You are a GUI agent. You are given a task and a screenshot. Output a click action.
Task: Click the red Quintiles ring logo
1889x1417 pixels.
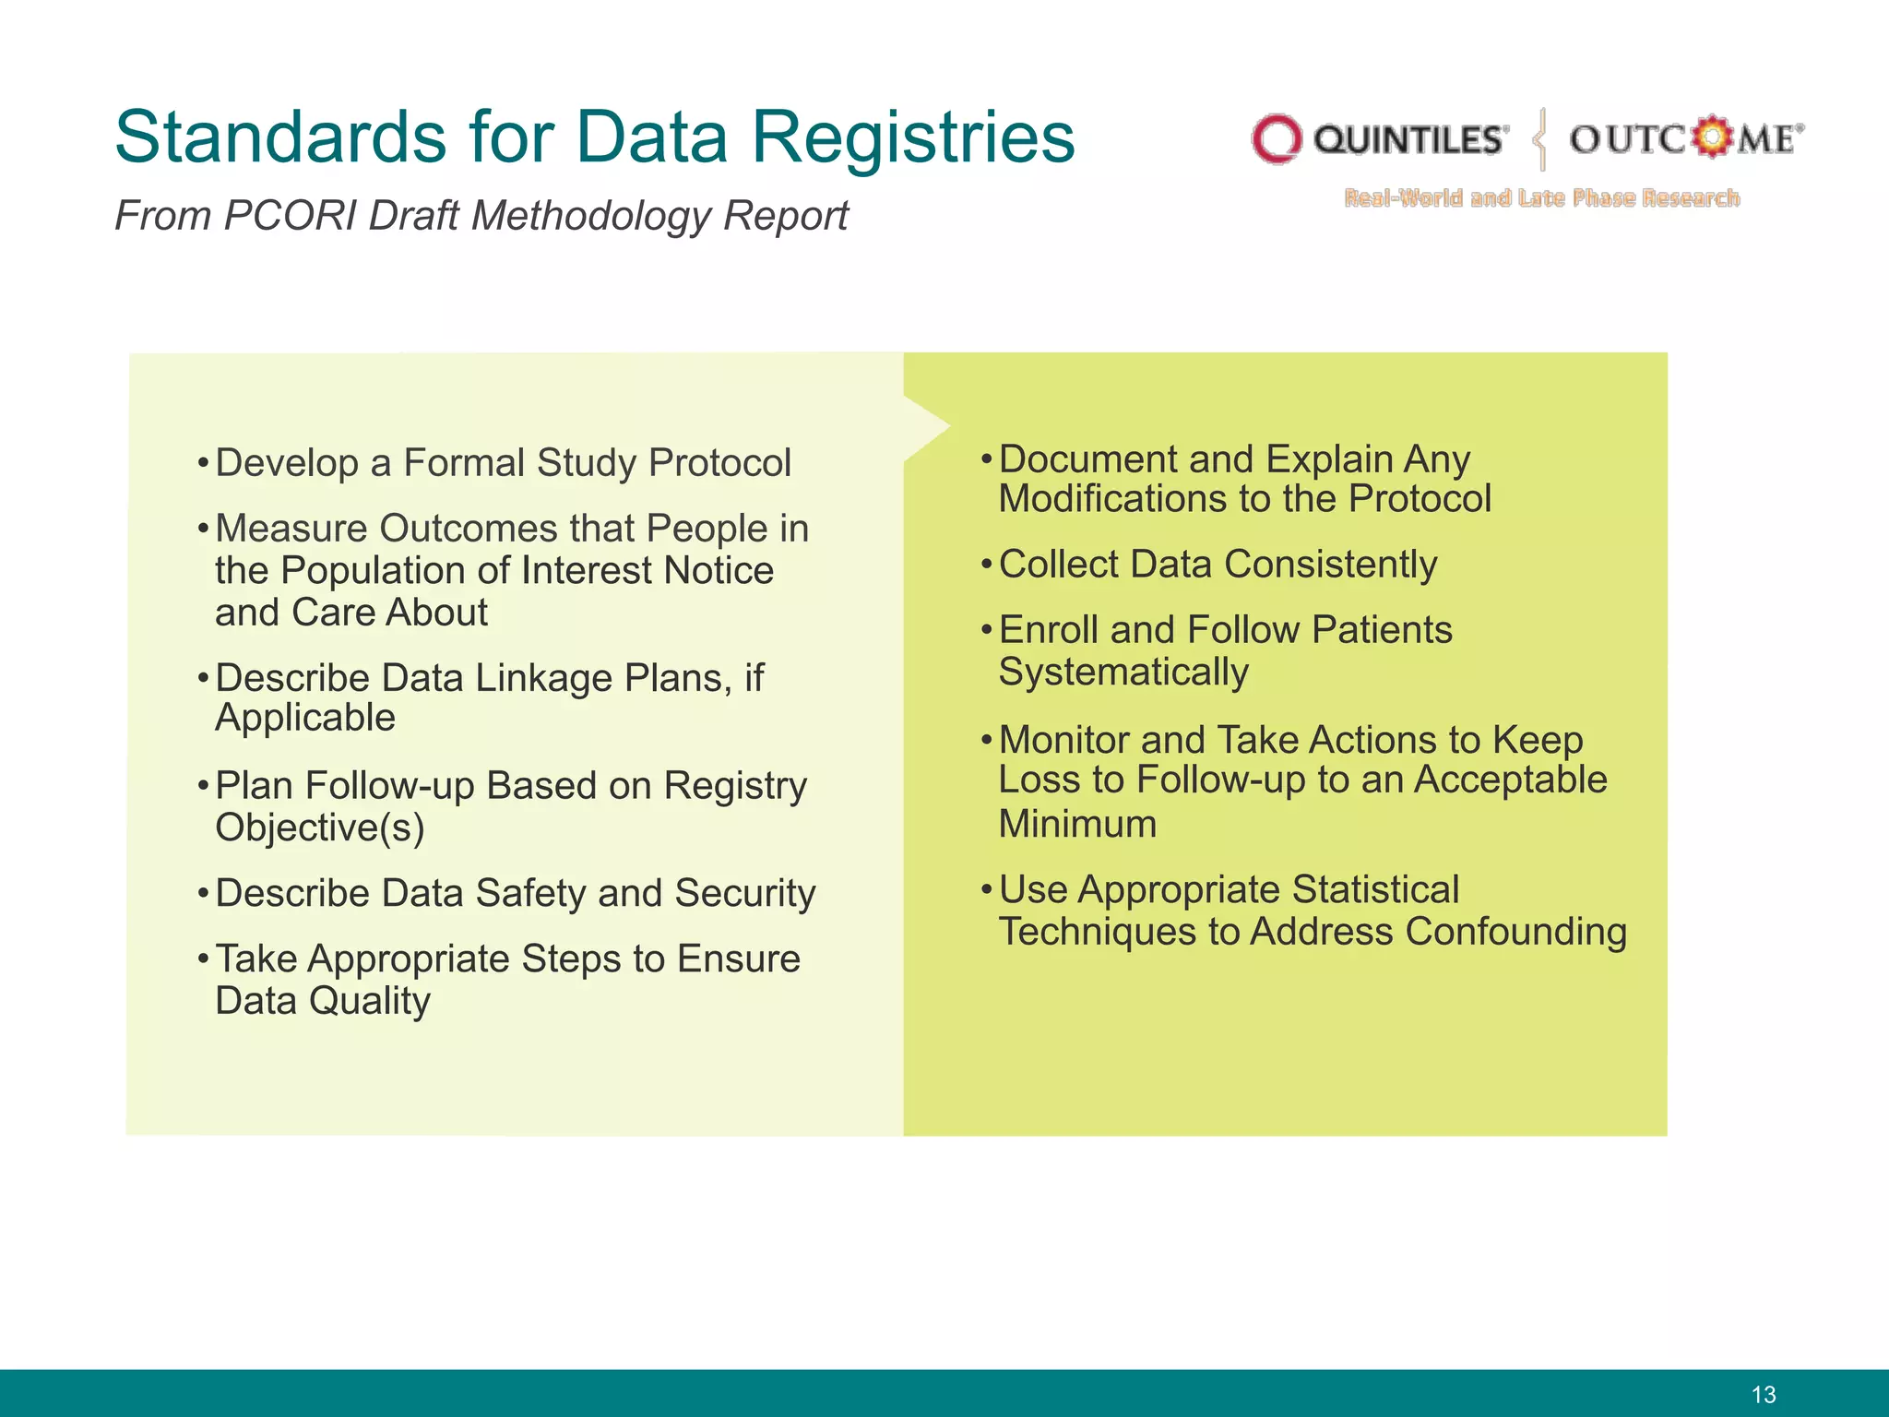click(1276, 140)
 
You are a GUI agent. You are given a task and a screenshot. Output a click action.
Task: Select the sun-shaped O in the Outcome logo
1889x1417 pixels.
click(1712, 137)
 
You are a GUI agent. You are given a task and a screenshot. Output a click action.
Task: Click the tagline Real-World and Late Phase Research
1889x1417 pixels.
click(1541, 198)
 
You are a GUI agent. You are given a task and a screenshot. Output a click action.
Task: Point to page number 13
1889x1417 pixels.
click(1763, 1395)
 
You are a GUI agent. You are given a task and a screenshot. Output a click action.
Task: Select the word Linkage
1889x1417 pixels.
click(543, 679)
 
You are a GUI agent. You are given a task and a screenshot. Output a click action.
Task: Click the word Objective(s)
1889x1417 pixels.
click(319, 828)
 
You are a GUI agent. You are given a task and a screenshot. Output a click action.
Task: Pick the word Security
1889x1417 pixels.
click(744, 894)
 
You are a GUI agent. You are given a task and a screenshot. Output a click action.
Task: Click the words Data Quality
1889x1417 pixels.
click(322, 1002)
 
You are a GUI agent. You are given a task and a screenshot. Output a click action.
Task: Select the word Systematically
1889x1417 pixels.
click(1123, 673)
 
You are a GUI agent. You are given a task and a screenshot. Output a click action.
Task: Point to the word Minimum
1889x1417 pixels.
click(1076, 824)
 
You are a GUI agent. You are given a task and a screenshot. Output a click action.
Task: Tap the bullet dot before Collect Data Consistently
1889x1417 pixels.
click(985, 564)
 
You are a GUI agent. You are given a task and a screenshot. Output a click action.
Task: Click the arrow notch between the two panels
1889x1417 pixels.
click(927, 427)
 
